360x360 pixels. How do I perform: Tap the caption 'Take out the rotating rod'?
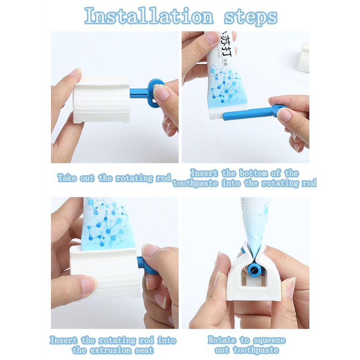click(114, 178)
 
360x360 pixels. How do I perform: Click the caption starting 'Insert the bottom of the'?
click(245, 178)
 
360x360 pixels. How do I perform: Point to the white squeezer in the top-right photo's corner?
click(304, 57)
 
